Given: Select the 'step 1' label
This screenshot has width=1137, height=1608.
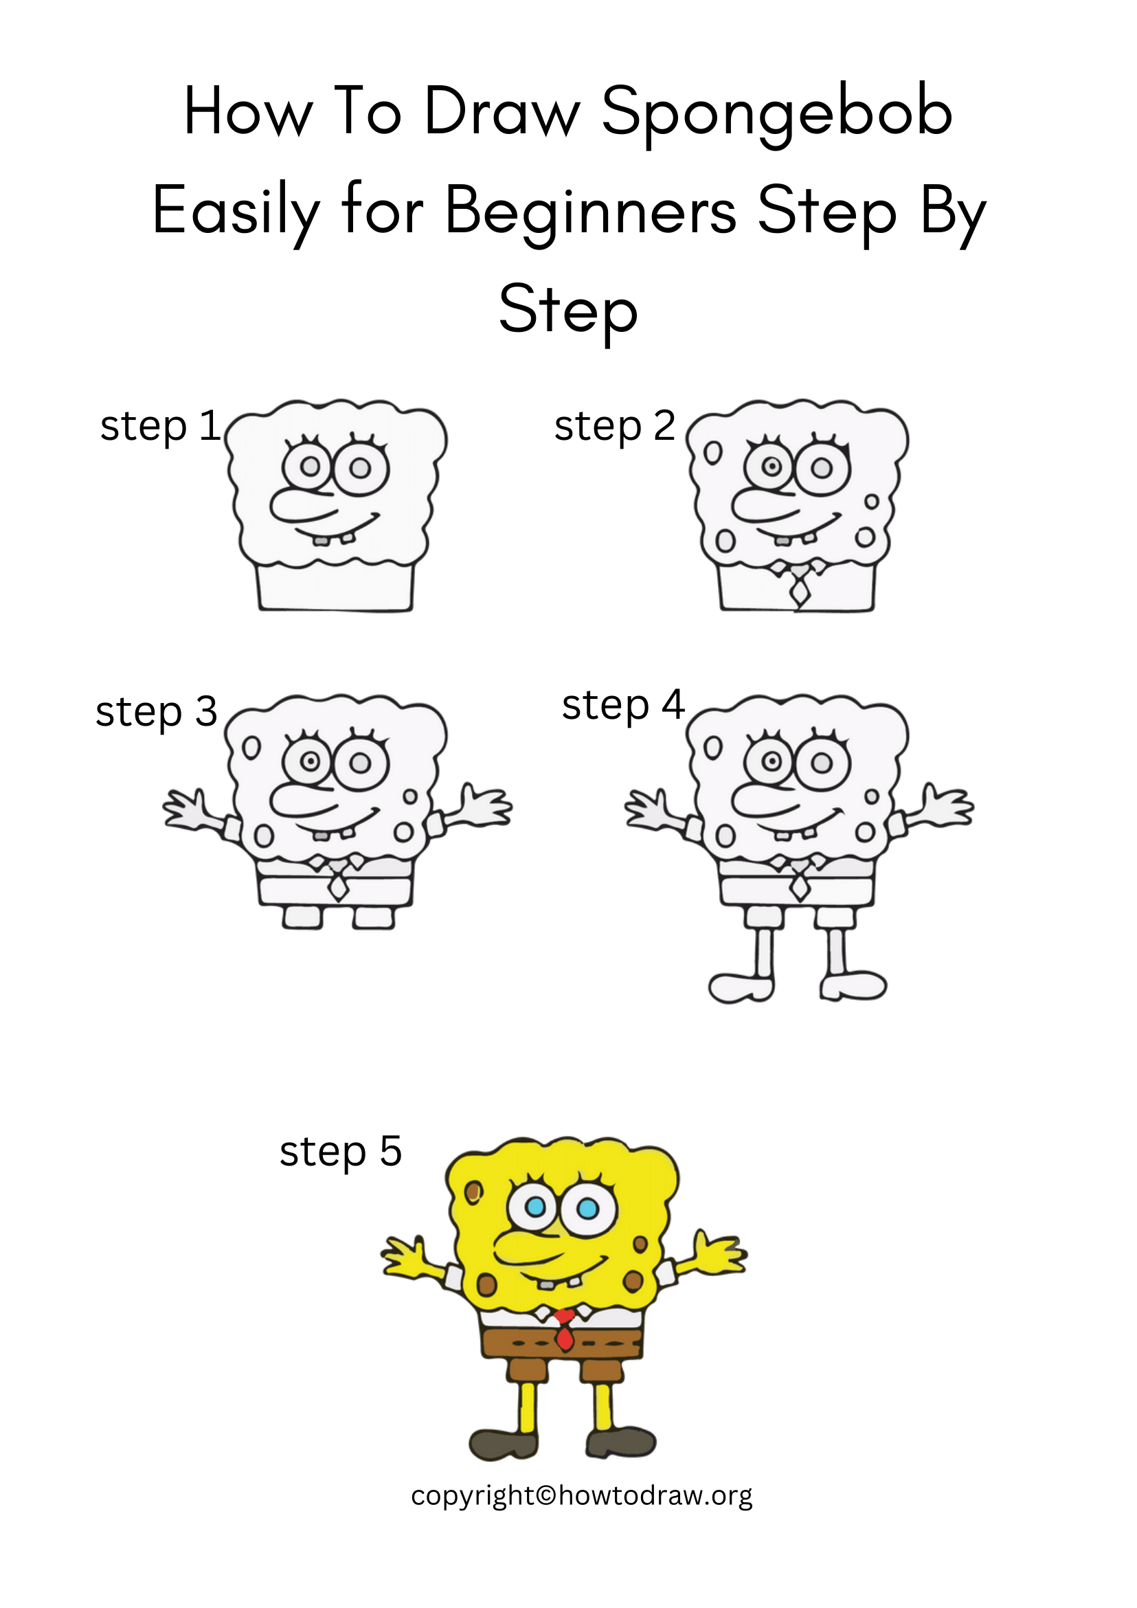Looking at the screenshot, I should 160,426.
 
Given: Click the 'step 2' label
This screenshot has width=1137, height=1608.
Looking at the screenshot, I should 614,426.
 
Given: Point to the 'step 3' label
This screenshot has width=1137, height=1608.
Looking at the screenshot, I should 156,711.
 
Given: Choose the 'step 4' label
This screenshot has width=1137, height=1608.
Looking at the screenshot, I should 622,704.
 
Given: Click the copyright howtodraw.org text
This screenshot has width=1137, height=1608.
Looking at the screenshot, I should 581,1495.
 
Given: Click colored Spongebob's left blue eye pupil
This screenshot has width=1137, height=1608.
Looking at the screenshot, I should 536,1206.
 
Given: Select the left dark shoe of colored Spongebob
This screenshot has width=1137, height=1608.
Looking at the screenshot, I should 503,1442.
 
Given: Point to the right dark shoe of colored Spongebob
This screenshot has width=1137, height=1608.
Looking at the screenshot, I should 620,1441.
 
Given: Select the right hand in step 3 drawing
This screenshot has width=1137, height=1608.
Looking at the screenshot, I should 483,807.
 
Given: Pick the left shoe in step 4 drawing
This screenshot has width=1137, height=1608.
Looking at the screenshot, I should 740,987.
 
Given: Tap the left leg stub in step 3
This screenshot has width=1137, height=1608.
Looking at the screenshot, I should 302,917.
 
